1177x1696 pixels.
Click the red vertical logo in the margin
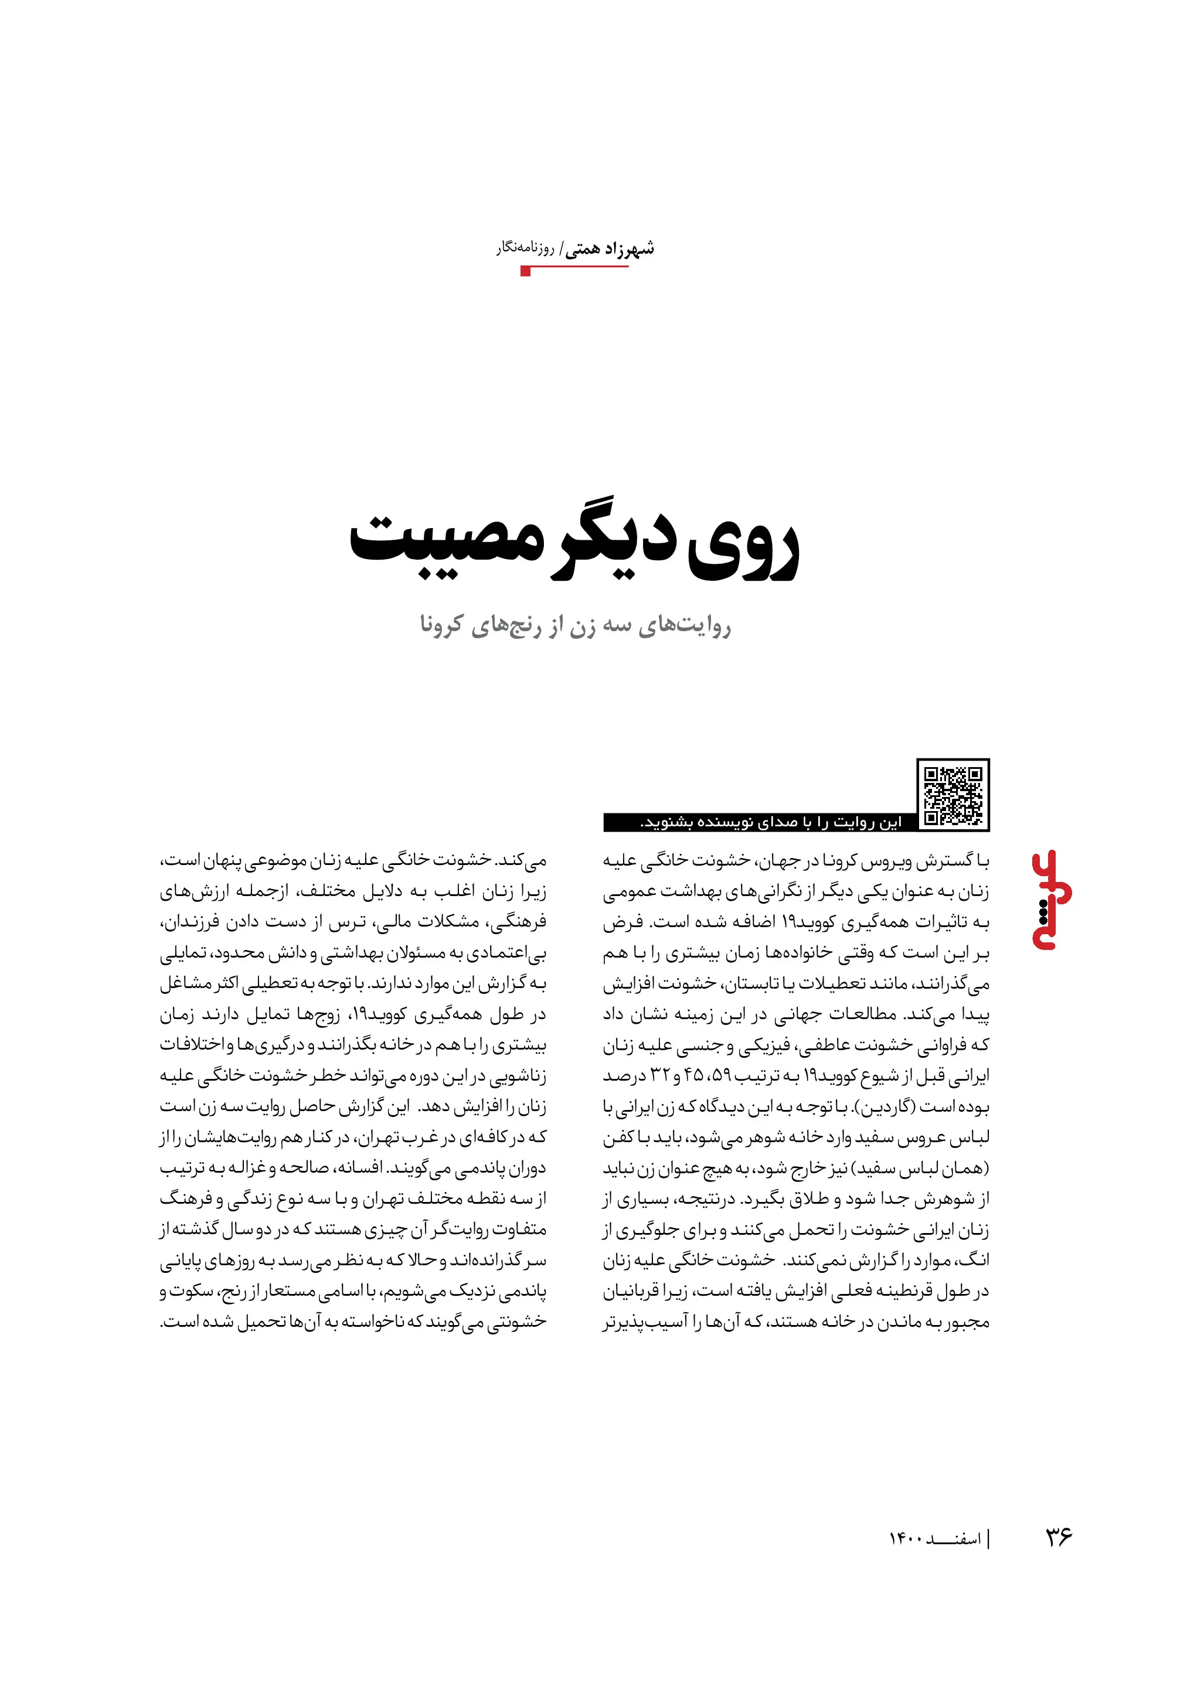[1051, 900]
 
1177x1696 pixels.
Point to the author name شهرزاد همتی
[610, 248]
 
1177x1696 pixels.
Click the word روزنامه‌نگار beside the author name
[525, 248]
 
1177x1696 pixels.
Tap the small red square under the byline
[526, 272]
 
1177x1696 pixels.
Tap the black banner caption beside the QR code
[760, 822]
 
